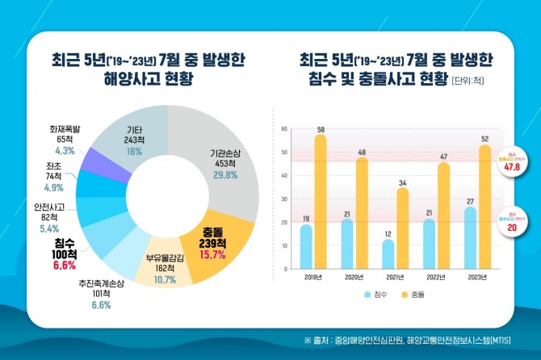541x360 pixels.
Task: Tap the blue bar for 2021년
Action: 389,253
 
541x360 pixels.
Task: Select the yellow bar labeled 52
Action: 485,207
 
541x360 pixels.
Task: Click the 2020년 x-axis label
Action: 354,278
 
